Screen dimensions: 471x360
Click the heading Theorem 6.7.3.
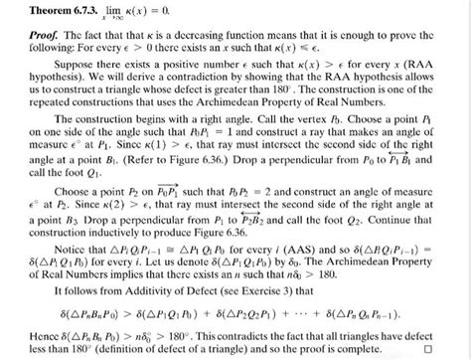50,9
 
